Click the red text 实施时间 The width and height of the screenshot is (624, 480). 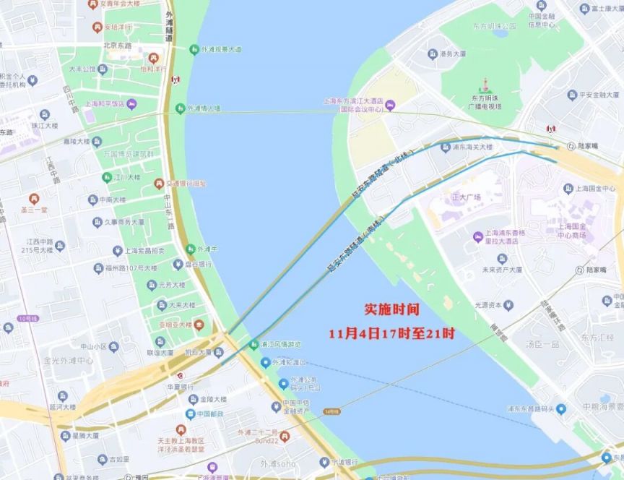point(391,309)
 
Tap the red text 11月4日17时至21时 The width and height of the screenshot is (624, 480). point(391,334)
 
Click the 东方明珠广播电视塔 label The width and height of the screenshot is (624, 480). point(486,103)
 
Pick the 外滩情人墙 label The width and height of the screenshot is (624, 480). point(204,108)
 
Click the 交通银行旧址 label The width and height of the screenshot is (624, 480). point(186,184)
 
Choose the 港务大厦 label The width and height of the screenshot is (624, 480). point(454,53)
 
